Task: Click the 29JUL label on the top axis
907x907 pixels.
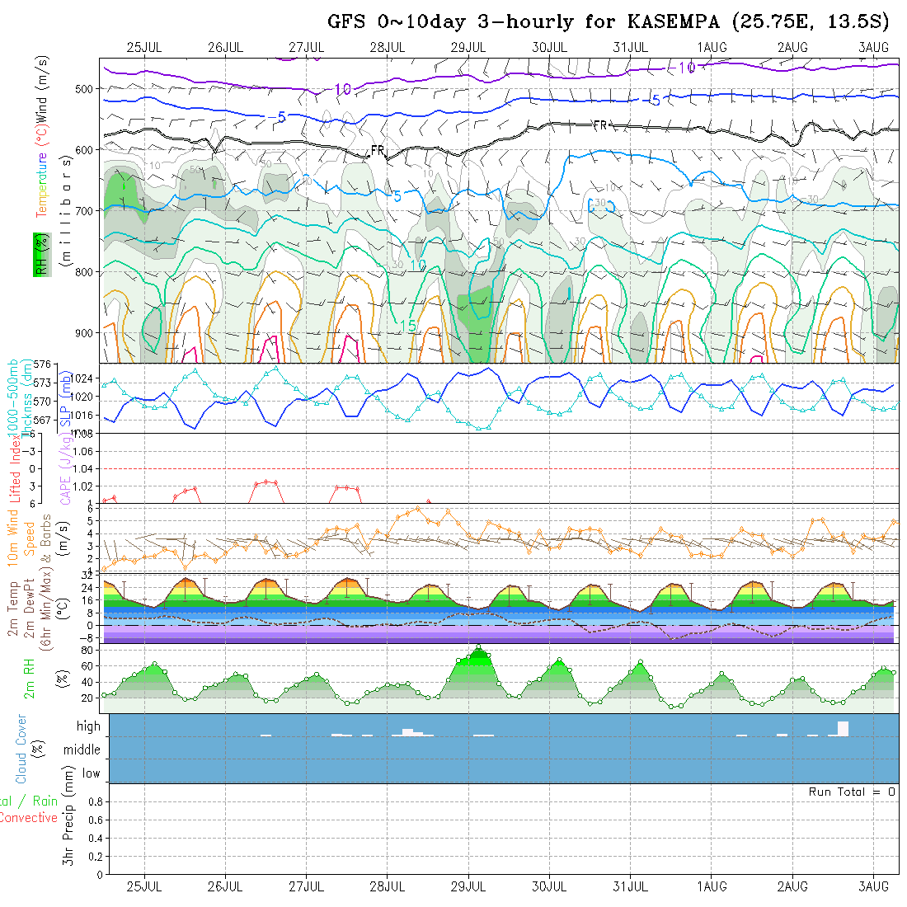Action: click(x=468, y=47)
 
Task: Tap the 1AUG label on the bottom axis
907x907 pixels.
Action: click(x=712, y=886)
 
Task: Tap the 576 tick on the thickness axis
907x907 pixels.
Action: click(x=42, y=364)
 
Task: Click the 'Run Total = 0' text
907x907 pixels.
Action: click(x=852, y=792)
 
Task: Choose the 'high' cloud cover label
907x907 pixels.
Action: click(x=88, y=726)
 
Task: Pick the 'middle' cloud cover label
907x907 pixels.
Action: click(x=82, y=750)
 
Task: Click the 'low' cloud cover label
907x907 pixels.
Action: click(x=91, y=773)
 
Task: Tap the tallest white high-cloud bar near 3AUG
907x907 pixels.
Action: click(x=843, y=728)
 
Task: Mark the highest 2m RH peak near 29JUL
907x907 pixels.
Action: click(x=478, y=647)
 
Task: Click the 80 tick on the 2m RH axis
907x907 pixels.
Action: click(x=87, y=650)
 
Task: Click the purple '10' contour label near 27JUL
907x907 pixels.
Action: click(x=343, y=89)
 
